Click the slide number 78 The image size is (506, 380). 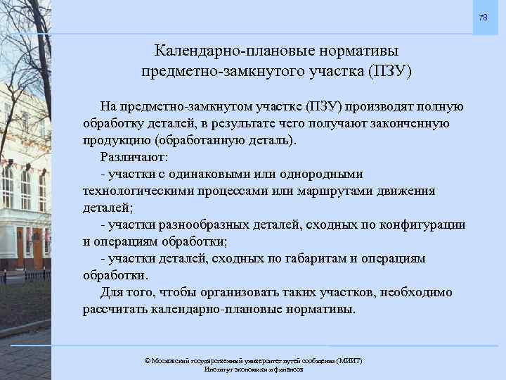tap(483, 17)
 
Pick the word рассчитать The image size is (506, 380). tap(113, 309)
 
